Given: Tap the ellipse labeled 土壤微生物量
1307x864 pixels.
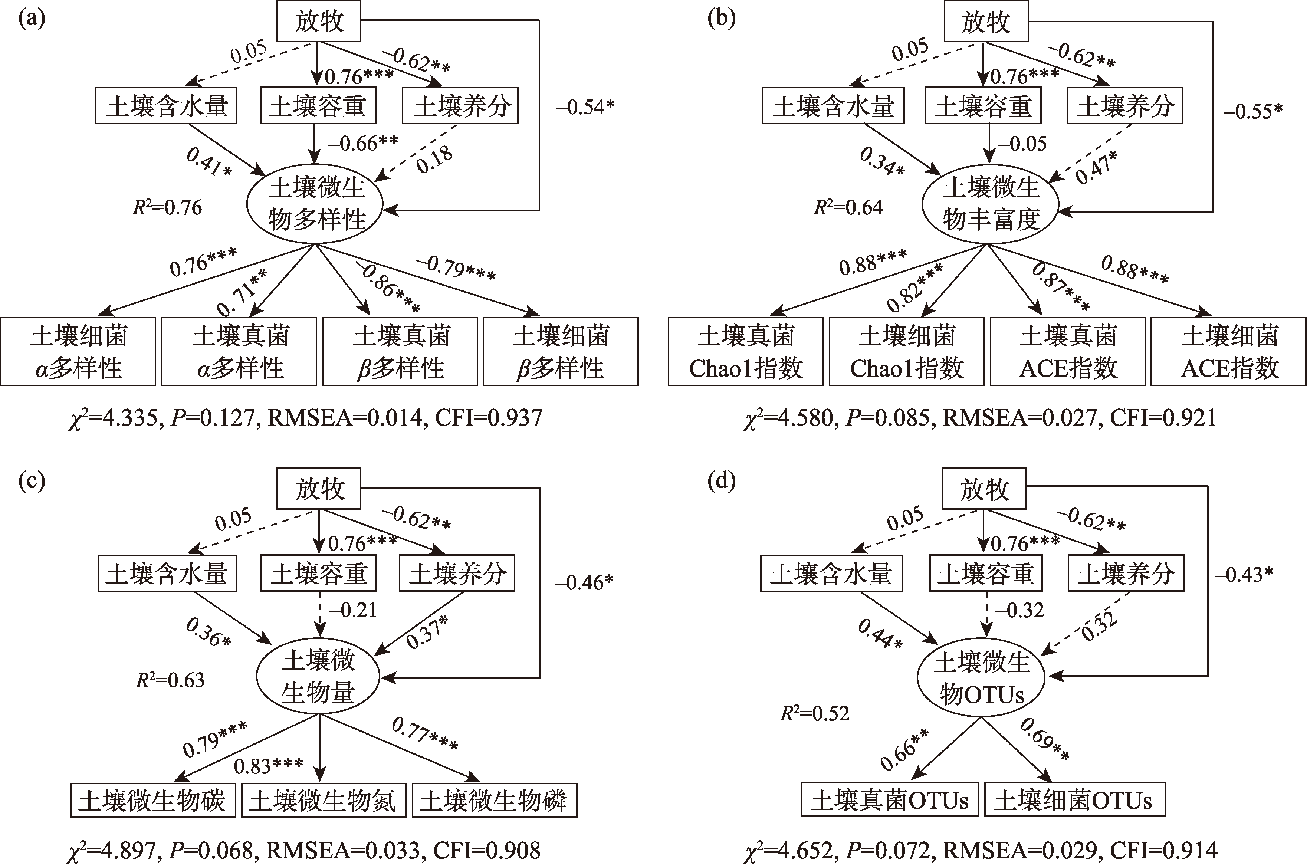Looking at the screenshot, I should (x=318, y=677).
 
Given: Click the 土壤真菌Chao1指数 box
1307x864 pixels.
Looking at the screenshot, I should (x=746, y=352).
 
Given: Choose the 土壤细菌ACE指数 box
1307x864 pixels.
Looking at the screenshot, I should (x=1229, y=352).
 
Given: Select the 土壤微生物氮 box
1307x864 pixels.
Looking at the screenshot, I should (x=324, y=801).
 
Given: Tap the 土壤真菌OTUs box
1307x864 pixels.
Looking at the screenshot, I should (x=889, y=801).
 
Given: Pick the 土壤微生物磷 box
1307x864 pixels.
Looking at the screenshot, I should (x=494, y=801).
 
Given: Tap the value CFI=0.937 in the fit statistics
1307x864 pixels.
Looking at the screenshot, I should (x=488, y=418).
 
